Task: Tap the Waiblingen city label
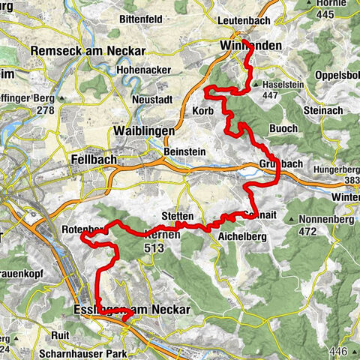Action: (143, 130)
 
